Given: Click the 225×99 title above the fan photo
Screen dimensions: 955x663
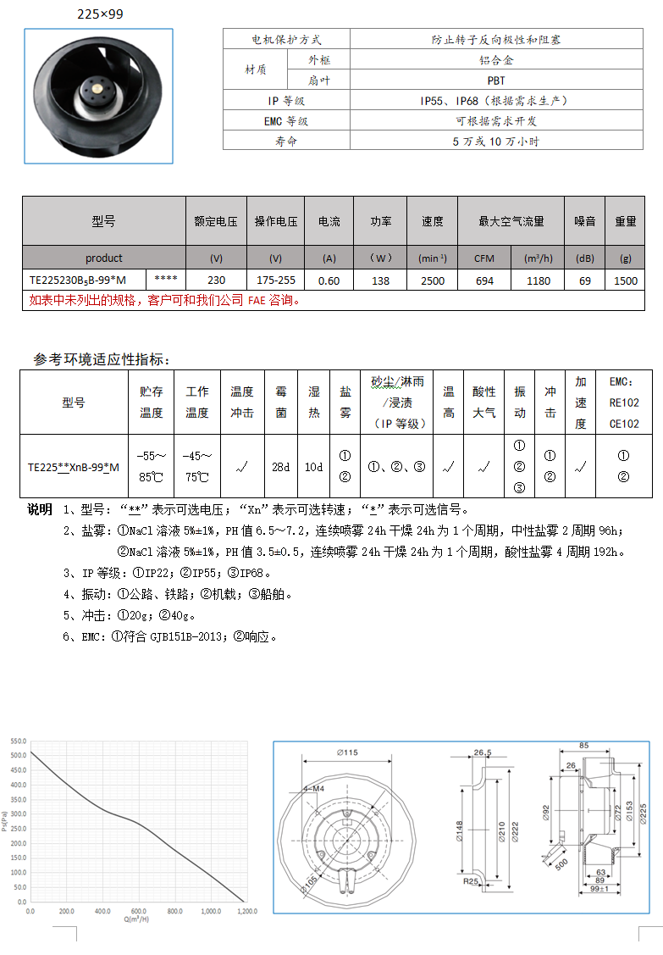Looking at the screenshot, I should click(x=100, y=14).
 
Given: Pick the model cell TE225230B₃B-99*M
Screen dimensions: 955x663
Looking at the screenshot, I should click(x=77, y=280).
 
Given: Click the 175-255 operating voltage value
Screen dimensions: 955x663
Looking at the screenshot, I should click(x=275, y=280).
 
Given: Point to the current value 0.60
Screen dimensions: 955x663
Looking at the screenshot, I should click(x=329, y=280).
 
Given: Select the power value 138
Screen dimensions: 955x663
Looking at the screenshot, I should click(x=381, y=280).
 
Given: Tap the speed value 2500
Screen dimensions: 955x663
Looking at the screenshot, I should click(x=432, y=280).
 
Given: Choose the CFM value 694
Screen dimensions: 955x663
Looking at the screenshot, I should click(x=484, y=280).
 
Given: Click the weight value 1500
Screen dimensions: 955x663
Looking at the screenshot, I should click(x=626, y=280).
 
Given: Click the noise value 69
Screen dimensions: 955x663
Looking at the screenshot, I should click(x=585, y=280).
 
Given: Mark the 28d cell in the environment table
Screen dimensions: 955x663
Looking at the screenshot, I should click(x=281, y=467).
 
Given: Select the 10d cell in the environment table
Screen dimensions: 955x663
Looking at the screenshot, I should click(x=314, y=467).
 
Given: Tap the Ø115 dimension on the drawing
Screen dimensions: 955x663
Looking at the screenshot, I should click(x=347, y=752).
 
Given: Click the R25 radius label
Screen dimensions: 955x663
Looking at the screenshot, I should click(x=472, y=881).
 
